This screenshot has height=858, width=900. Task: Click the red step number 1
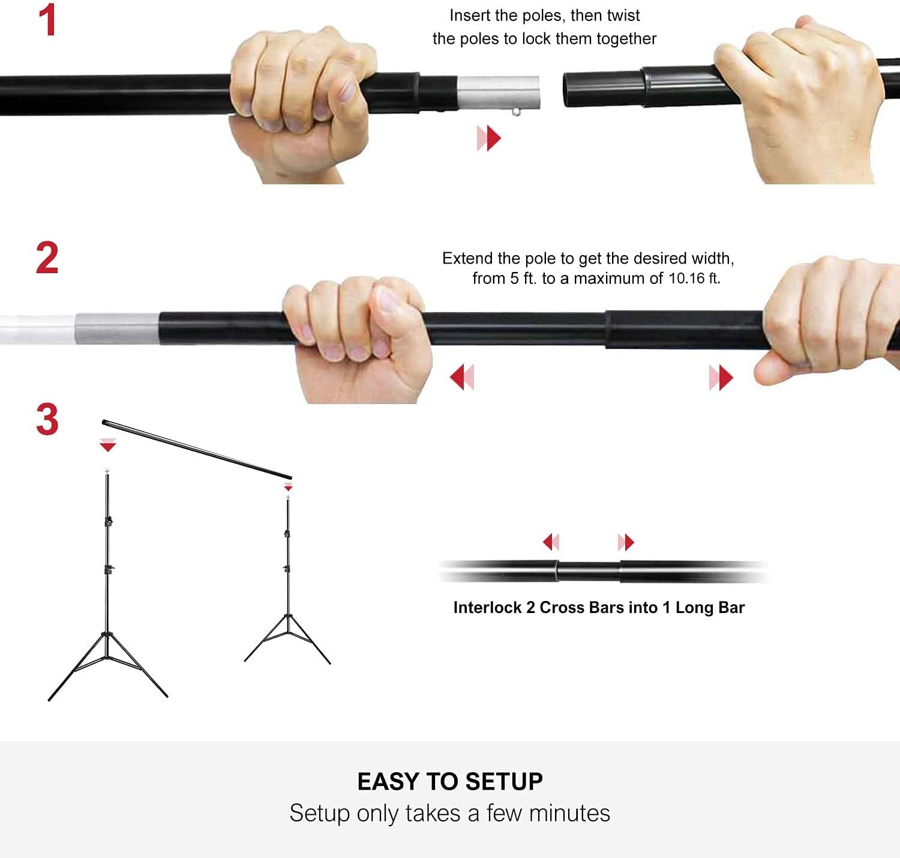click(47, 20)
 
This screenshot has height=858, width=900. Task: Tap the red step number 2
click(47, 258)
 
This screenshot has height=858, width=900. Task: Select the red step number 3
click(47, 419)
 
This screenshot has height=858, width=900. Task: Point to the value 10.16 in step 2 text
click(686, 278)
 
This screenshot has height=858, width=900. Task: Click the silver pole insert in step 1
click(499, 92)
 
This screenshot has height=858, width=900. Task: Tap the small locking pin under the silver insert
click(516, 112)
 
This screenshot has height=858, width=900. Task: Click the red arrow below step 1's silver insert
click(489, 138)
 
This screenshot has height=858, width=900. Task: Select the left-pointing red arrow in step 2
click(462, 377)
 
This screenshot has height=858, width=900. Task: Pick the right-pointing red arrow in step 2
click(721, 378)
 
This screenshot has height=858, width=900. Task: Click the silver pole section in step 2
click(117, 328)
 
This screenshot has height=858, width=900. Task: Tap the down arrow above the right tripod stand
click(288, 487)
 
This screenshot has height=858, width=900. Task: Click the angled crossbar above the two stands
click(197, 449)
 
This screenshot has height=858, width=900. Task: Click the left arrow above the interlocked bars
click(551, 542)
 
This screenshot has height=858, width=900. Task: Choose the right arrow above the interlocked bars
click(626, 542)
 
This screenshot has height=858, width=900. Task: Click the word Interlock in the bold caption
click(487, 608)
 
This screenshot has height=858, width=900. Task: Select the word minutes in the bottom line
click(569, 814)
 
